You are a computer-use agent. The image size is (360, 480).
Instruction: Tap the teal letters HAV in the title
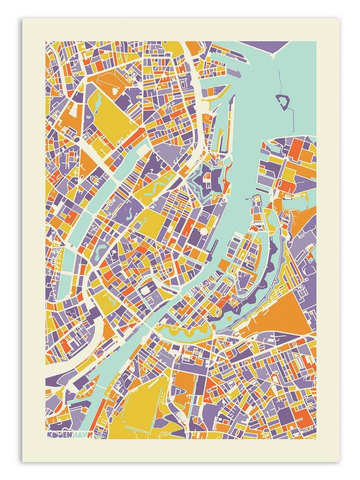pos(76,435)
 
